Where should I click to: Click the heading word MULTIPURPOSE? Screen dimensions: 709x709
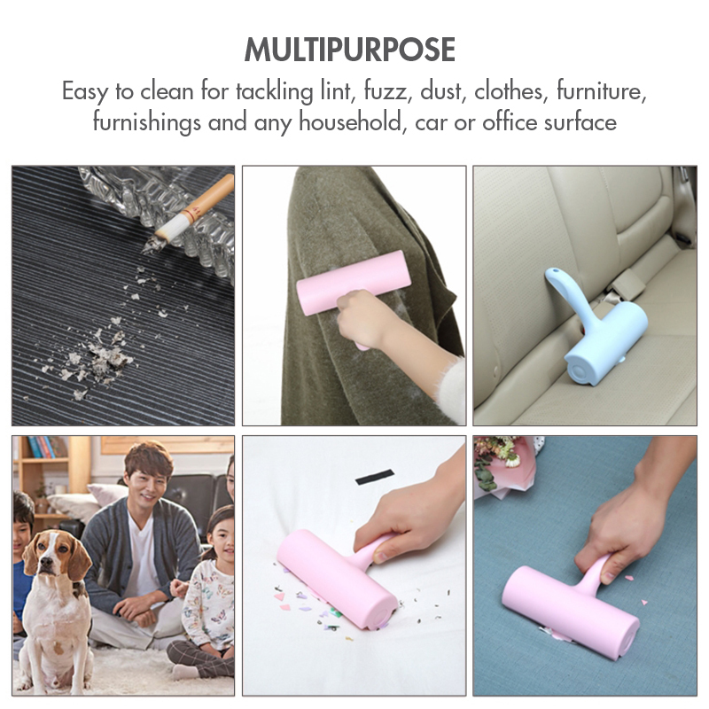[349, 50]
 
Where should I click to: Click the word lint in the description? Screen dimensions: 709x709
[336, 90]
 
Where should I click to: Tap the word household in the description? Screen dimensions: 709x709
[350, 121]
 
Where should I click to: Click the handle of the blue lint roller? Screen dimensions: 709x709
[567, 294]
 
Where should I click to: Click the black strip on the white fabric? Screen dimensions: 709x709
[374, 477]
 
